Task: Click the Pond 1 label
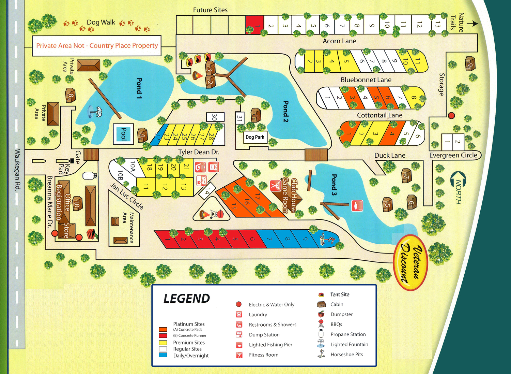[x=139, y=88]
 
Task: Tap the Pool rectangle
[x=123, y=134]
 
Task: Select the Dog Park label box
[x=255, y=137]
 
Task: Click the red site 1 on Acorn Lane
[x=255, y=24]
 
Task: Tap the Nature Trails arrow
[x=472, y=24]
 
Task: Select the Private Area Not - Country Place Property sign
[x=97, y=46]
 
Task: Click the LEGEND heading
[x=186, y=299]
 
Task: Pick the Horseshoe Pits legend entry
[x=346, y=355]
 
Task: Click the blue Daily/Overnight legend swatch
[x=163, y=355]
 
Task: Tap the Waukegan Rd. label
[x=17, y=169]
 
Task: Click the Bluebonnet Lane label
[x=366, y=80]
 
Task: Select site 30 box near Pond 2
[x=215, y=117]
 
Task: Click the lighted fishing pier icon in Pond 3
[x=357, y=205]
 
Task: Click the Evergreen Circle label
[x=453, y=155]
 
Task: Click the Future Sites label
[x=210, y=10]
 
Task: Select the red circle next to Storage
[x=451, y=115]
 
